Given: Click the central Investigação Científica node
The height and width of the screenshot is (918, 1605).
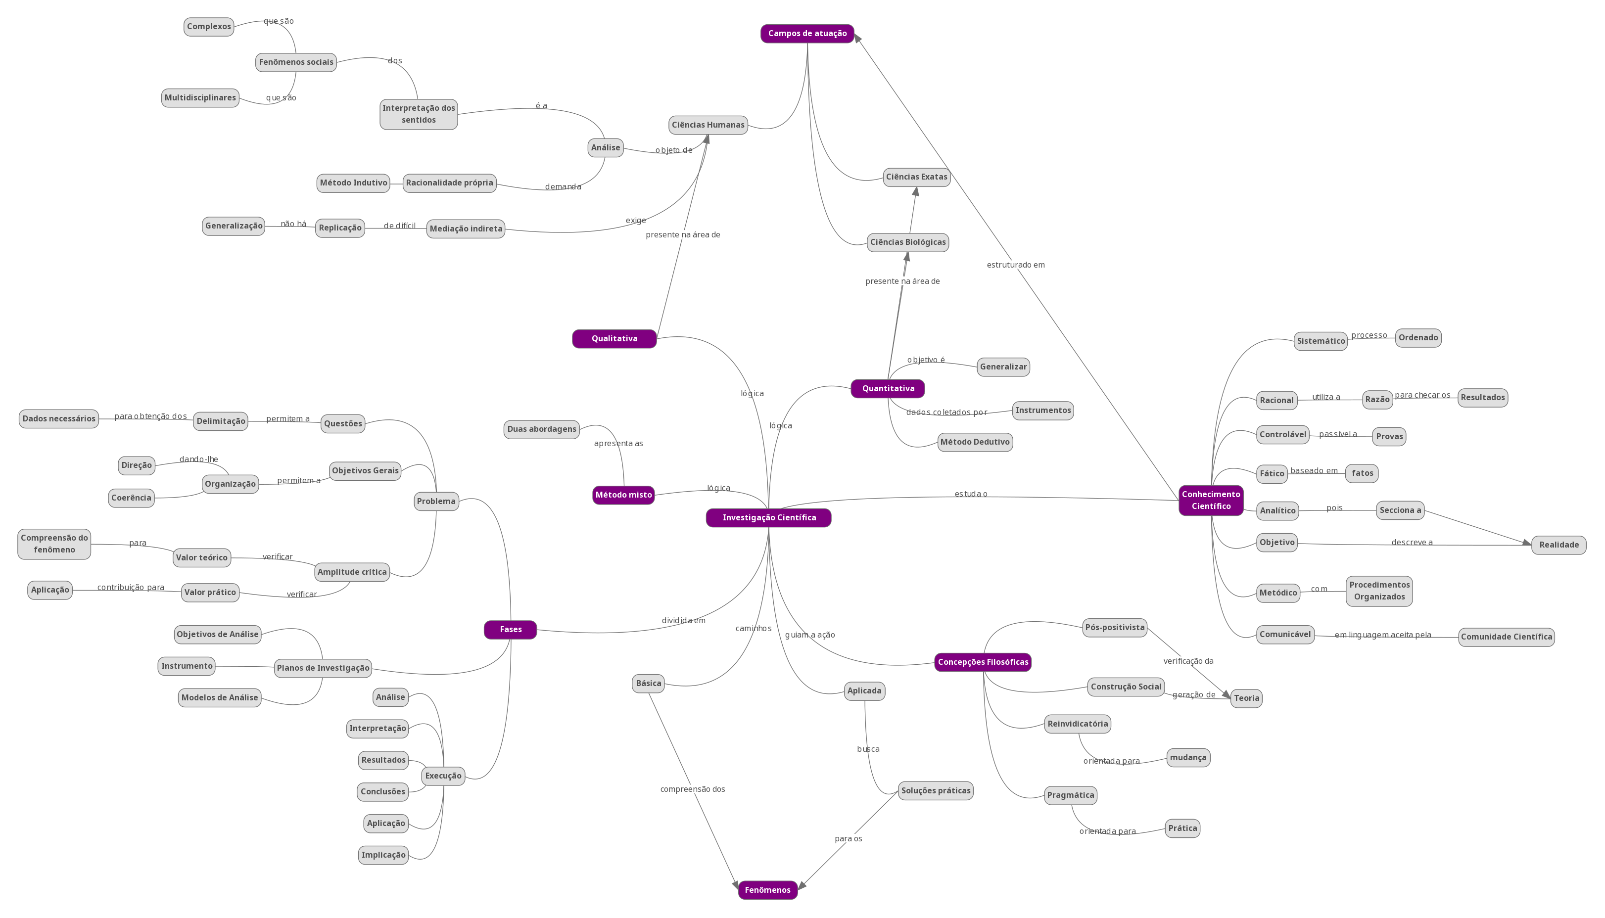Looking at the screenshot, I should tap(768, 518).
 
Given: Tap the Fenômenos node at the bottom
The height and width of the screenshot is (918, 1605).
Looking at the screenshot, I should tap(767, 890).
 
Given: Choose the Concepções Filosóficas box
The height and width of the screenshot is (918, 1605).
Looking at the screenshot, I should tap(983, 662).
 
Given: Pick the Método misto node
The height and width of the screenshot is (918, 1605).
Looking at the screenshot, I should tap(623, 495).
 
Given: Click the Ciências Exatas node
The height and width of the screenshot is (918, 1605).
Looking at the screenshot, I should tap(916, 177).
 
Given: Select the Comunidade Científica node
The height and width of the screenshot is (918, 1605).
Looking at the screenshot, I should tap(1506, 637).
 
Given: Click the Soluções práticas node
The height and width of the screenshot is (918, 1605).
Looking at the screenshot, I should tap(935, 791).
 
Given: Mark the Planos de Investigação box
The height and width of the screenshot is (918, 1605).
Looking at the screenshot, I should tap(323, 668).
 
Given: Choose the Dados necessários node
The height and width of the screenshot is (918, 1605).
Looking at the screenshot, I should tap(59, 418).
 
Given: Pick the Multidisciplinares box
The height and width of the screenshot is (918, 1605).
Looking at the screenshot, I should tap(200, 98).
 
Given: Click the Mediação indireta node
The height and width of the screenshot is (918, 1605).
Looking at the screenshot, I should tap(466, 229).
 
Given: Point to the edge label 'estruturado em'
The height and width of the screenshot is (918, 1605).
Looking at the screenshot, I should tap(1015, 265).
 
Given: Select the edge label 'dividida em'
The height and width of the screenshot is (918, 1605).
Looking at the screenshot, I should tap(683, 620).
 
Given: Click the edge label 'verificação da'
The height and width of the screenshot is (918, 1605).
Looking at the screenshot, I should tap(1188, 661).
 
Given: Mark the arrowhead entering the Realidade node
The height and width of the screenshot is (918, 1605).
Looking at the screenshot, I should tap(1527, 543).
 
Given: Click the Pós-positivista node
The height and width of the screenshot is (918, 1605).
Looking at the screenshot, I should tap(1114, 627).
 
